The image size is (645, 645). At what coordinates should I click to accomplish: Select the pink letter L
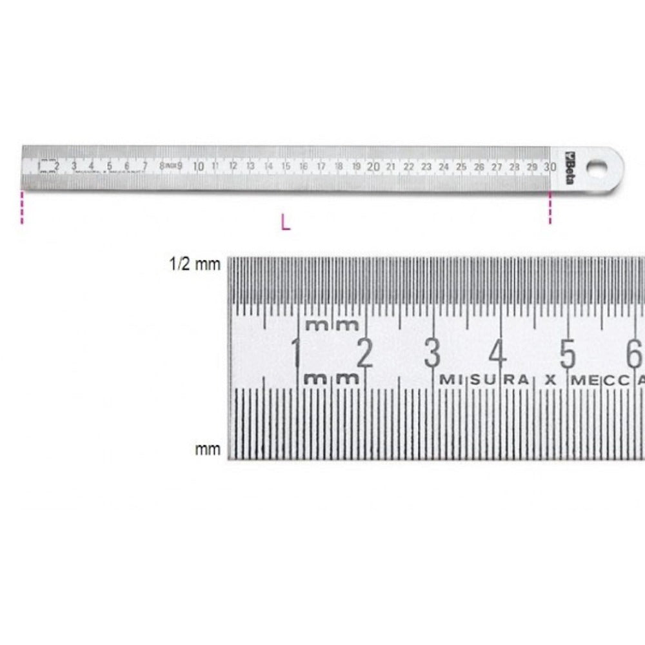[x=286, y=223]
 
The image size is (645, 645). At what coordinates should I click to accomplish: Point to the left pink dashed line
[x=23, y=207]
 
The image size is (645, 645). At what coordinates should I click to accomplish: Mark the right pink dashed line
[x=550, y=207]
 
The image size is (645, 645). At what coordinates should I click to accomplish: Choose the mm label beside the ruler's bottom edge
[x=208, y=449]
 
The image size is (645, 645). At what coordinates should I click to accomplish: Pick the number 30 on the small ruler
[x=549, y=166]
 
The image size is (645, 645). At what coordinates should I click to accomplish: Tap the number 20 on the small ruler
[x=373, y=166]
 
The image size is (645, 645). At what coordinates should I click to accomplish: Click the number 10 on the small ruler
[x=198, y=166]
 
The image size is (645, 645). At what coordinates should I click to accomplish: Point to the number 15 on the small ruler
[x=286, y=166]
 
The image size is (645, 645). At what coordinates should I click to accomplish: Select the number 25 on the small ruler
[x=461, y=166]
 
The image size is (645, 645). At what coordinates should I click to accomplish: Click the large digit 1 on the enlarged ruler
[x=296, y=353]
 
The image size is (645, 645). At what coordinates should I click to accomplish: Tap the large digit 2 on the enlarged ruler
[x=364, y=353]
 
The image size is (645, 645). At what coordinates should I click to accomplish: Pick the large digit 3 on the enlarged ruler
[x=432, y=353]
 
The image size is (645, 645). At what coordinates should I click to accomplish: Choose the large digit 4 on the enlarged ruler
[x=498, y=353]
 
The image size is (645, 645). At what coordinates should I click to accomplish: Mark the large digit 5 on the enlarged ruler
[x=567, y=353]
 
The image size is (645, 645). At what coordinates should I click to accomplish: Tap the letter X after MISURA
[x=550, y=380]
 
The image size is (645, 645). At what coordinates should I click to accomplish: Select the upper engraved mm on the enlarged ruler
[x=332, y=324]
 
